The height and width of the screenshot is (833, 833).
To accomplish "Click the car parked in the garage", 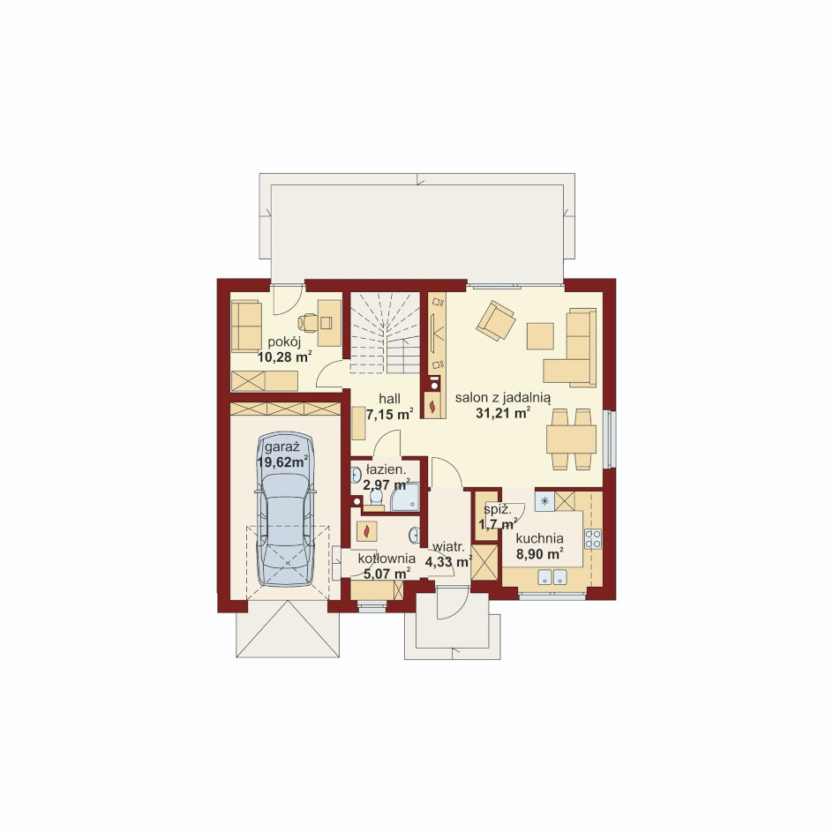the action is [x=286, y=509].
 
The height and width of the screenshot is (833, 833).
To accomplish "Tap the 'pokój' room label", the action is [x=284, y=341].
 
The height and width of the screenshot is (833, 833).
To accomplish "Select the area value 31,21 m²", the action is [x=503, y=413].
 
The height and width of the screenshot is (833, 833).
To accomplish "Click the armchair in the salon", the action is [x=496, y=320].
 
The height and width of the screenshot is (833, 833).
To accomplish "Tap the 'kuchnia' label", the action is [x=540, y=538].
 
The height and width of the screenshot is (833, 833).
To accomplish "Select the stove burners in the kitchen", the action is [x=593, y=538].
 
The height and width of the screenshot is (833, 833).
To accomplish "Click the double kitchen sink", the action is [x=552, y=577].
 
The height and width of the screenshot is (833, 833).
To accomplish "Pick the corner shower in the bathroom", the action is [x=405, y=498].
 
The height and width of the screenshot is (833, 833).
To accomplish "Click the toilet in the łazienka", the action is [x=376, y=499].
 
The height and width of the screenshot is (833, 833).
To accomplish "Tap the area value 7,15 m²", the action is [x=389, y=415].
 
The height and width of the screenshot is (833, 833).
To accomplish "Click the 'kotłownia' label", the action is [x=386, y=559].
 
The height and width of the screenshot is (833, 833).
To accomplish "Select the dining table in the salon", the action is [x=571, y=439].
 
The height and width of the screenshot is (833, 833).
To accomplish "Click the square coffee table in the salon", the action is [x=540, y=335].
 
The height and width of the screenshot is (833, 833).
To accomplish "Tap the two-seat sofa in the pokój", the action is [x=246, y=326].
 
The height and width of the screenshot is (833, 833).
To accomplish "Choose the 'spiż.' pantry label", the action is [x=498, y=510].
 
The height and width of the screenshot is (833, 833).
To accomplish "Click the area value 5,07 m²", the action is [x=386, y=574].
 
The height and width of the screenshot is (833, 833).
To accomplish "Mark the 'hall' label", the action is [x=389, y=399].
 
